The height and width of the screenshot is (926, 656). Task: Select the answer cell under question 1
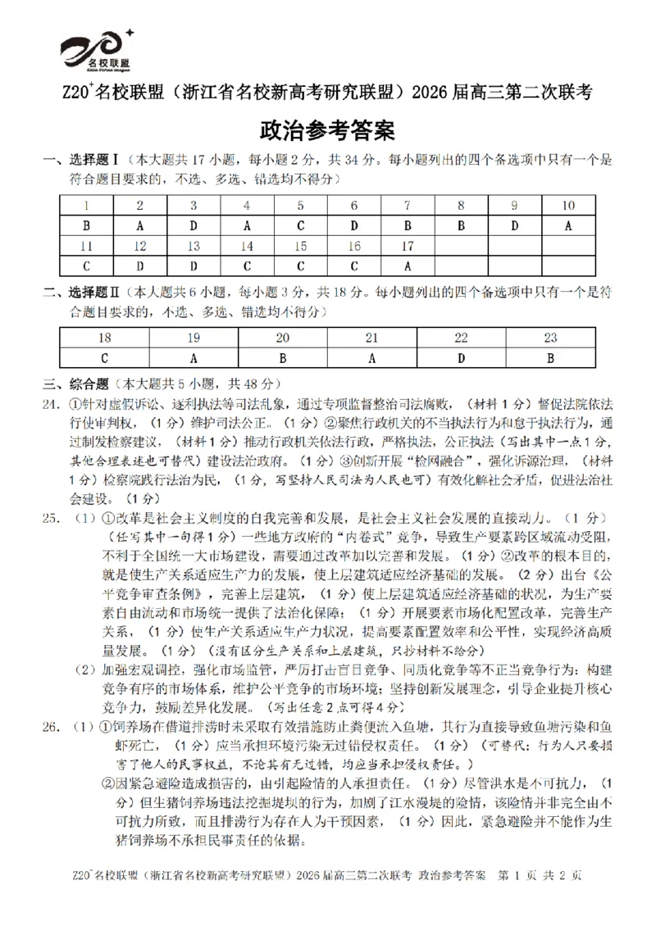[86, 225]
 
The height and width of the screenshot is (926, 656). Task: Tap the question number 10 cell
[567, 206]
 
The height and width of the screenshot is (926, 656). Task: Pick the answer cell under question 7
[408, 225]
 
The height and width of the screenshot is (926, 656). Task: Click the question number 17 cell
[408, 246]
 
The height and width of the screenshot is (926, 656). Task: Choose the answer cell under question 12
[139, 266]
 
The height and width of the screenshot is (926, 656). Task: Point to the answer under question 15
[300, 266]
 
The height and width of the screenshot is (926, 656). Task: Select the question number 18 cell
[104, 338]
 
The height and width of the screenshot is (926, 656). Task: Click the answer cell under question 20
[282, 357]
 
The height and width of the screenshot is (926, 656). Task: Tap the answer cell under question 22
[461, 357]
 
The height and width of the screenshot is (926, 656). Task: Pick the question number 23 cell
[550, 338]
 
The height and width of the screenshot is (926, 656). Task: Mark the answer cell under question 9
[514, 225]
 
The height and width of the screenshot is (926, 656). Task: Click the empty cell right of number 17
[461, 246]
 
